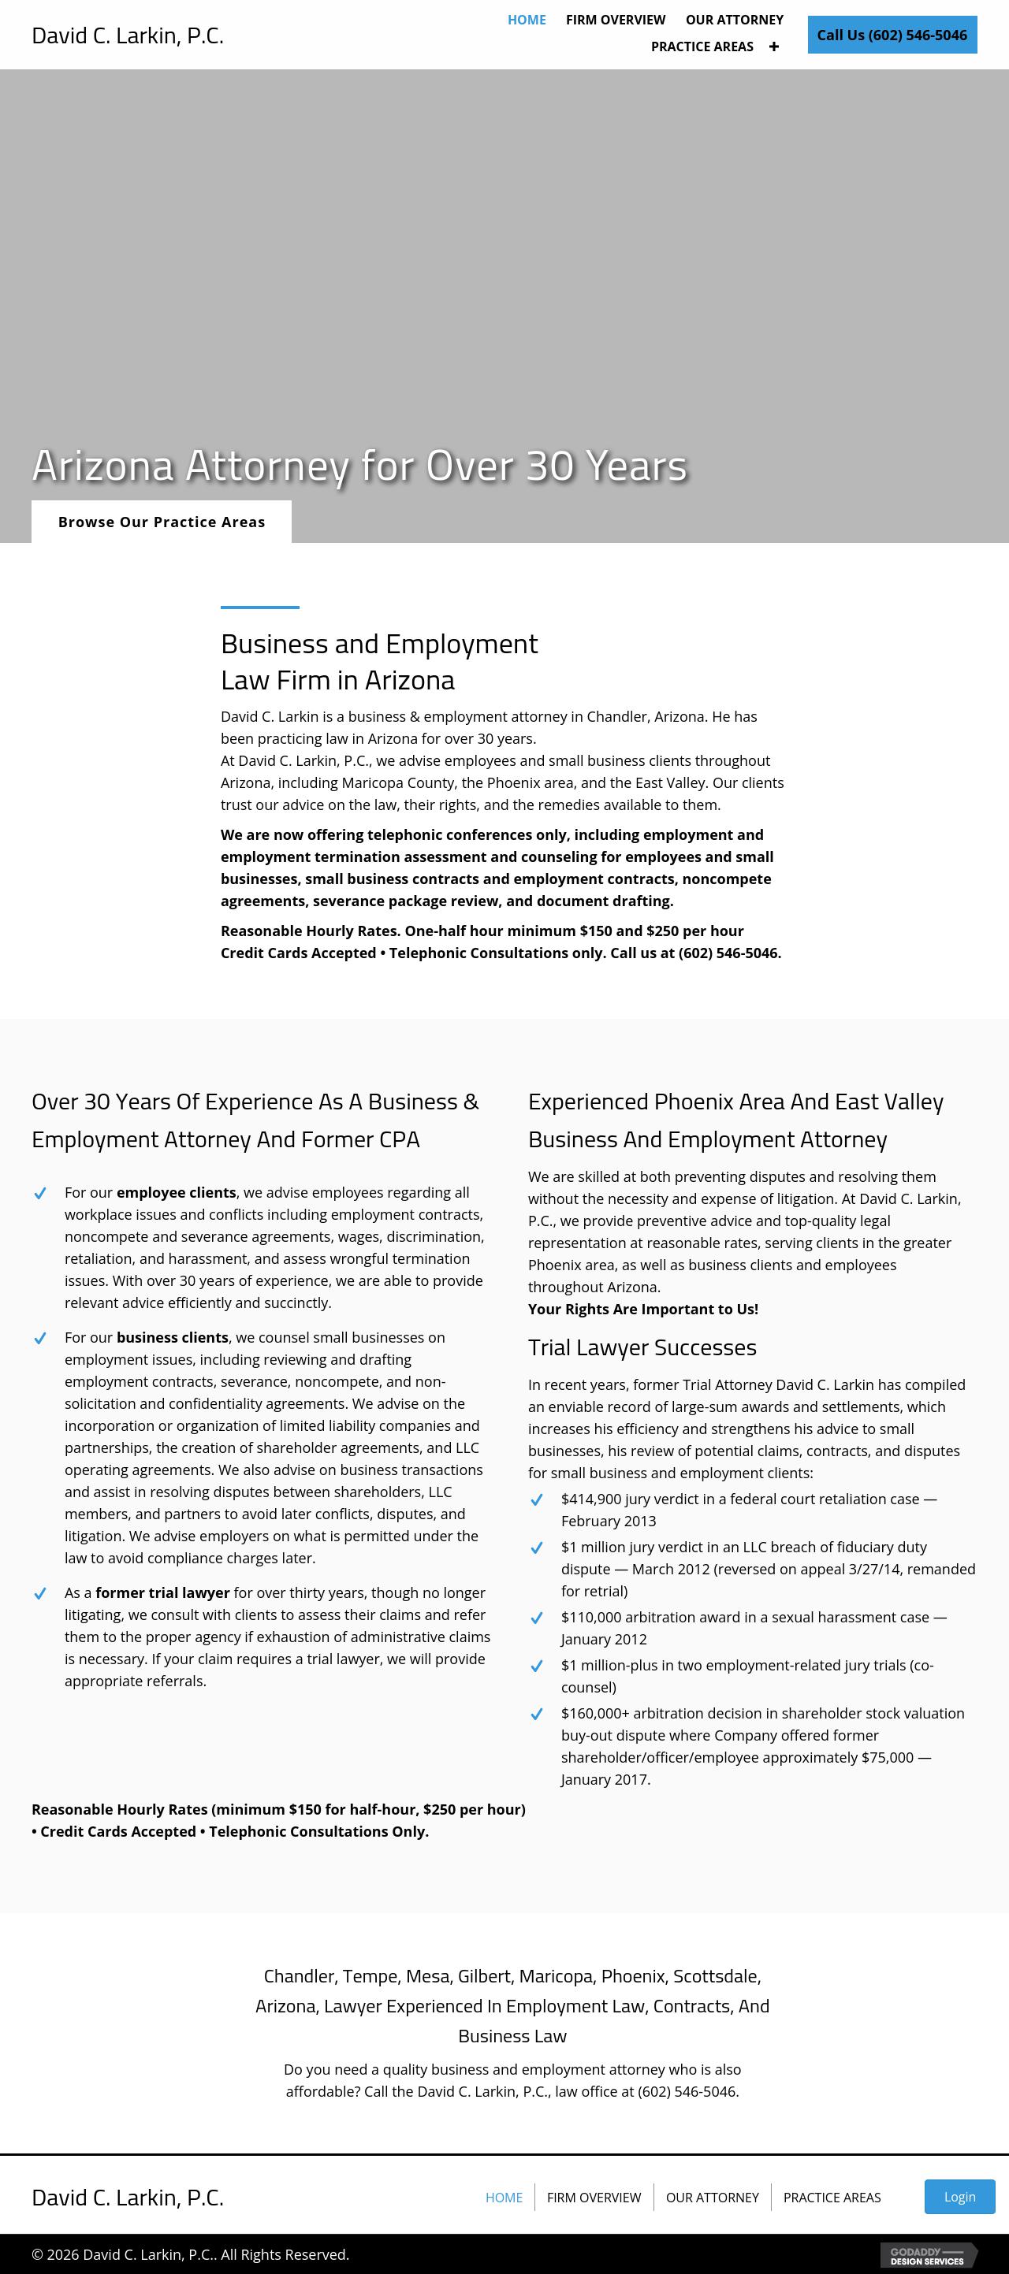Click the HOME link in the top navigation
526,20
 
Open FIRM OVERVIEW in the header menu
616,20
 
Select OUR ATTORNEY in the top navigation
734,20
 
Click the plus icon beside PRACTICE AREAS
774,46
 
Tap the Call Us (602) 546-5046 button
892,35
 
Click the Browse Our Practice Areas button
162,522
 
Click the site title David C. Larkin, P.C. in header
128,35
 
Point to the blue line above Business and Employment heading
259,608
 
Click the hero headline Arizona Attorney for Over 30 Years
359,465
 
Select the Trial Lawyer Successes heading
642,1347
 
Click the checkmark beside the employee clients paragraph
39,1194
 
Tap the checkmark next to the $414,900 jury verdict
536,1499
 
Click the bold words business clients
172,1337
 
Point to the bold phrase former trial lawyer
162,1592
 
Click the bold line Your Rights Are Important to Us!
642,1309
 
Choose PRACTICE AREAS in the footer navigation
832,2198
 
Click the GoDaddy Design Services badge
928,2254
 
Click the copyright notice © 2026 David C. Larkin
191,2254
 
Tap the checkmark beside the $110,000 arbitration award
536,1618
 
